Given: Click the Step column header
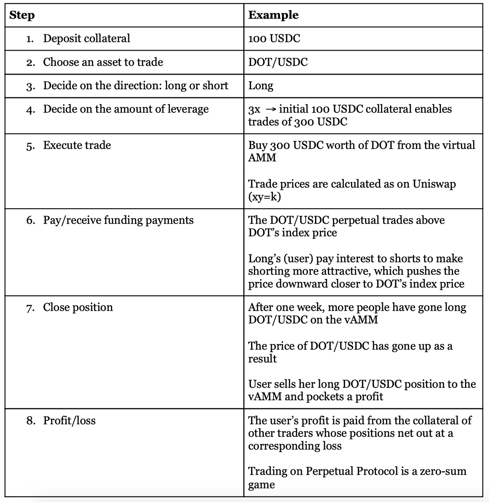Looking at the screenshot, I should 22,15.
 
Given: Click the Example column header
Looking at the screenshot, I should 273,15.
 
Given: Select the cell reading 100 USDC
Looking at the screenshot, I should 274,39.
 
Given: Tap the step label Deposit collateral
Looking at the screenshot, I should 86,39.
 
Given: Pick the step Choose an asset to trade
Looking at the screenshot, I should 103,62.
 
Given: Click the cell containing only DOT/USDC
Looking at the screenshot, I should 278,62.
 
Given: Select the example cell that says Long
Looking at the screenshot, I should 261,86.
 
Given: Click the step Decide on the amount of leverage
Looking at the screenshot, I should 126,109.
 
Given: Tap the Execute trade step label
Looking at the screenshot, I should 77,145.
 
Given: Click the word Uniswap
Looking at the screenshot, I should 434,184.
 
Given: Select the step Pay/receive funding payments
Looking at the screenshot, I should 118,220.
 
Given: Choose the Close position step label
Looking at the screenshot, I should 78,307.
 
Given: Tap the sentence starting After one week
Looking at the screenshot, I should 357,313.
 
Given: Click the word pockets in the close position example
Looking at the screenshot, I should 324,396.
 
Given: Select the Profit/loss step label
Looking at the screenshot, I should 69,421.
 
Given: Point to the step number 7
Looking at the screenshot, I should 29,308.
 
